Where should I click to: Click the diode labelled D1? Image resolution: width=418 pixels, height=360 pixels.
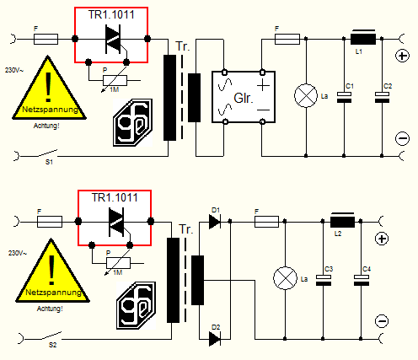(x=215, y=222)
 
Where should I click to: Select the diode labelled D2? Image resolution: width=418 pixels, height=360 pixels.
(x=215, y=339)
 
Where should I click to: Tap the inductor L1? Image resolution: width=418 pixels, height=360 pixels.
(x=363, y=39)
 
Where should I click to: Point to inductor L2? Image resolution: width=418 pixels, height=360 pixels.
(x=342, y=221)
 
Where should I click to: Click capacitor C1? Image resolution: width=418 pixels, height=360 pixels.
(x=344, y=97)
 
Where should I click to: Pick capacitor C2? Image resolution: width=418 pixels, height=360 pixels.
(x=382, y=97)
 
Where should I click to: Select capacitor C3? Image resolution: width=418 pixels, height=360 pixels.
(x=324, y=280)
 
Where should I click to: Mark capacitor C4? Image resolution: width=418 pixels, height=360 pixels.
(x=362, y=280)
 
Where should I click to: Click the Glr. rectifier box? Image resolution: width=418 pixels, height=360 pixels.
(x=244, y=97)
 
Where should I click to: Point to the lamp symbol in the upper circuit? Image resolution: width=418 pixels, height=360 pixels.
(x=306, y=95)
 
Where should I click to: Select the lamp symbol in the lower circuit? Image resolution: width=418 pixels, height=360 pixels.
(x=285, y=278)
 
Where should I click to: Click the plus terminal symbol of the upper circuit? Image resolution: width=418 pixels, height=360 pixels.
(x=402, y=56)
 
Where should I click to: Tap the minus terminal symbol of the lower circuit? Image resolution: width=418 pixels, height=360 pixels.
(x=382, y=321)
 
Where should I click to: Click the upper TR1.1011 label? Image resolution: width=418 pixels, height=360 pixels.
(x=111, y=15)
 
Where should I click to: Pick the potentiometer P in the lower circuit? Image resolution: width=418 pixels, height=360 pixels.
(x=118, y=263)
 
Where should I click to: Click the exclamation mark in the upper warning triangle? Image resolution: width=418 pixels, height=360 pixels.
(x=48, y=88)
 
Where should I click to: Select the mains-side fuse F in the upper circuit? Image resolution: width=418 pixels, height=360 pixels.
(x=46, y=39)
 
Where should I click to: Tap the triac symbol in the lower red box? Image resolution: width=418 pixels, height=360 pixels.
(x=116, y=222)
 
